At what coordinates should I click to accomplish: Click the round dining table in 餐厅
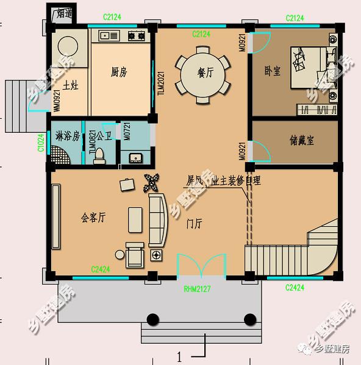point(201,76)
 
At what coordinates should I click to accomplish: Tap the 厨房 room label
point(119,72)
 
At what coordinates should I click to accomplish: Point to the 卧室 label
point(273,71)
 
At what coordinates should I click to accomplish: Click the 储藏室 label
point(301,140)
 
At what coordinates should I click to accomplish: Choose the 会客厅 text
point(93,217)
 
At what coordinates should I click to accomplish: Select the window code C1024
point(41,143)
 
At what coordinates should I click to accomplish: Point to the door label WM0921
point(57,100)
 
